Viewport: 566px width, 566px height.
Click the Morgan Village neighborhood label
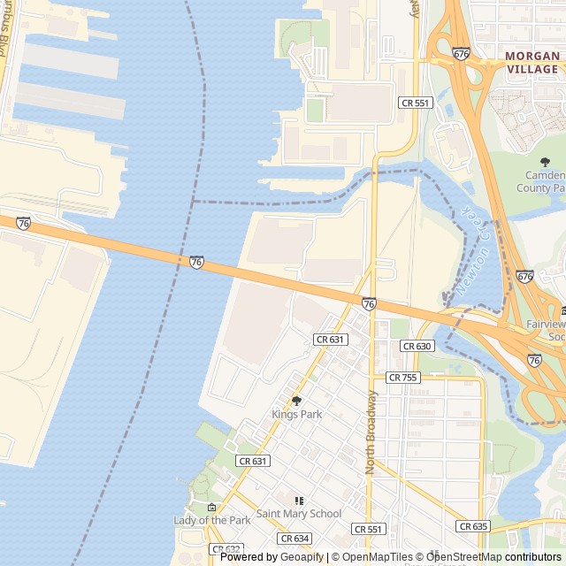(x=532, y=62)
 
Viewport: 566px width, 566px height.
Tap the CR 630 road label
(x=417, y=346)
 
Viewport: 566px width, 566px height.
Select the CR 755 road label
(x=402, y=377)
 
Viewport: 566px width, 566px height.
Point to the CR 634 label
(x=294, y=538)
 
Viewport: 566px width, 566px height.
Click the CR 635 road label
(x=473, y=526)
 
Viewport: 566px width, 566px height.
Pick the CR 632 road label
(x=226, y=549)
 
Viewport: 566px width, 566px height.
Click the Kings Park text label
(x=296, y=414)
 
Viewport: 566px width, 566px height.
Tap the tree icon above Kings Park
(x=296, y=401)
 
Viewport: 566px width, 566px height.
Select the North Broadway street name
(x=371, y=432)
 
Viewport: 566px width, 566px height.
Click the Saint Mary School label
(x=298, y=513)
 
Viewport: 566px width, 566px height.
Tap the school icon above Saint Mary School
(x=298, y=501)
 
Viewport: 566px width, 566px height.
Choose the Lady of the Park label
(x=212, y=520)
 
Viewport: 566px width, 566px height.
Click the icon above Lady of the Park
(x=211, y=508)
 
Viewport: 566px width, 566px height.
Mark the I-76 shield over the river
(x=196, y=263)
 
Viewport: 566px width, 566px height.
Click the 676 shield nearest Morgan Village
(x=461, y=53)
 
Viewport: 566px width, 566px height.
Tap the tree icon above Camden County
(x=545, y=161)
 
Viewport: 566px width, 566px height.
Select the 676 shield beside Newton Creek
(x=524, y=277)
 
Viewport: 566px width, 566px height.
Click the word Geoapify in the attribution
(x=302, y=557)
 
